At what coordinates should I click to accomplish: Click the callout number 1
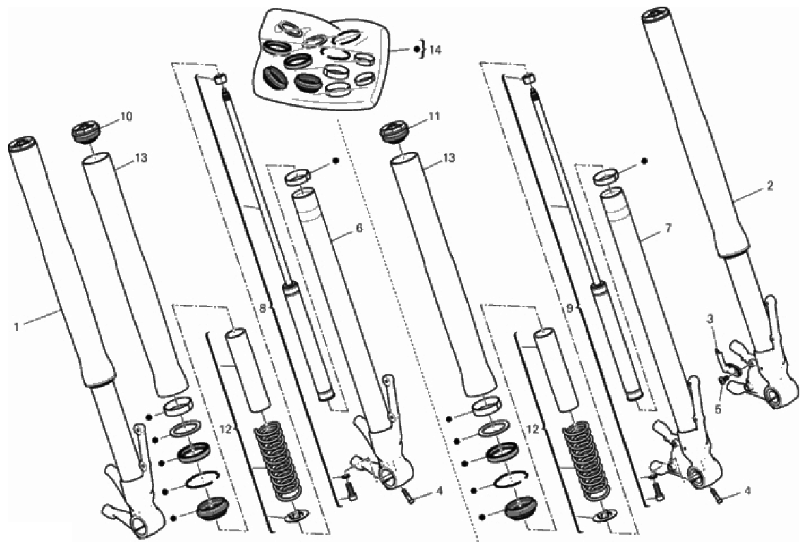16,327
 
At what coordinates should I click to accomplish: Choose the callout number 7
668,227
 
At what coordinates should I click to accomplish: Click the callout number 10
126,116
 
